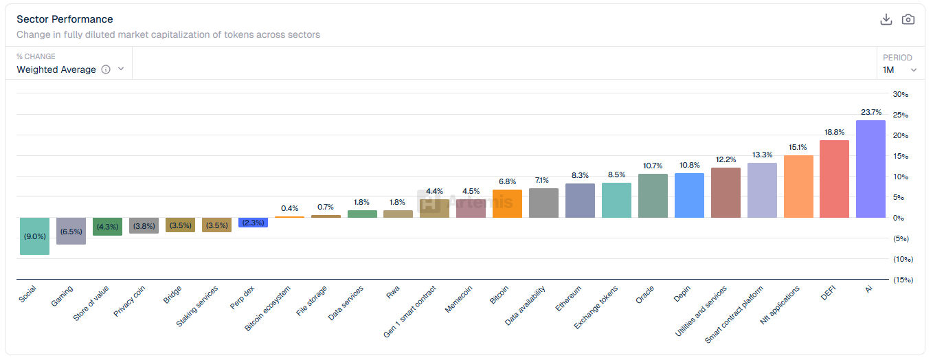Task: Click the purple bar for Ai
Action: click(870, 169)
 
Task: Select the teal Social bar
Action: click(34, 236)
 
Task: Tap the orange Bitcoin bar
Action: click(507, 204)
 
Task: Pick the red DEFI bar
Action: click(834, 179)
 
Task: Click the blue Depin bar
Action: click(689, 196)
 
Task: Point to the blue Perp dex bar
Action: click(253, 223)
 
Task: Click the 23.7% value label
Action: click(870, 112)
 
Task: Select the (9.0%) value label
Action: click(34, 236)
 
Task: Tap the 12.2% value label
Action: click(726, 159)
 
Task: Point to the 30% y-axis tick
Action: click(900, 94)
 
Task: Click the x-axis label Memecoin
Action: click(459, 300)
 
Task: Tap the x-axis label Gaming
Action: click(62, 296)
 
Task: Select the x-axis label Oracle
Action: click(644, 295)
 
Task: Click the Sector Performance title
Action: click(65, 19)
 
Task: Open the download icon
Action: click(886, 19)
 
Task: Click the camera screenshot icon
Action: click(908, 19)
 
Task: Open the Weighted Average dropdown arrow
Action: click(121, 69)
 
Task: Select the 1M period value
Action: click(888, 69)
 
